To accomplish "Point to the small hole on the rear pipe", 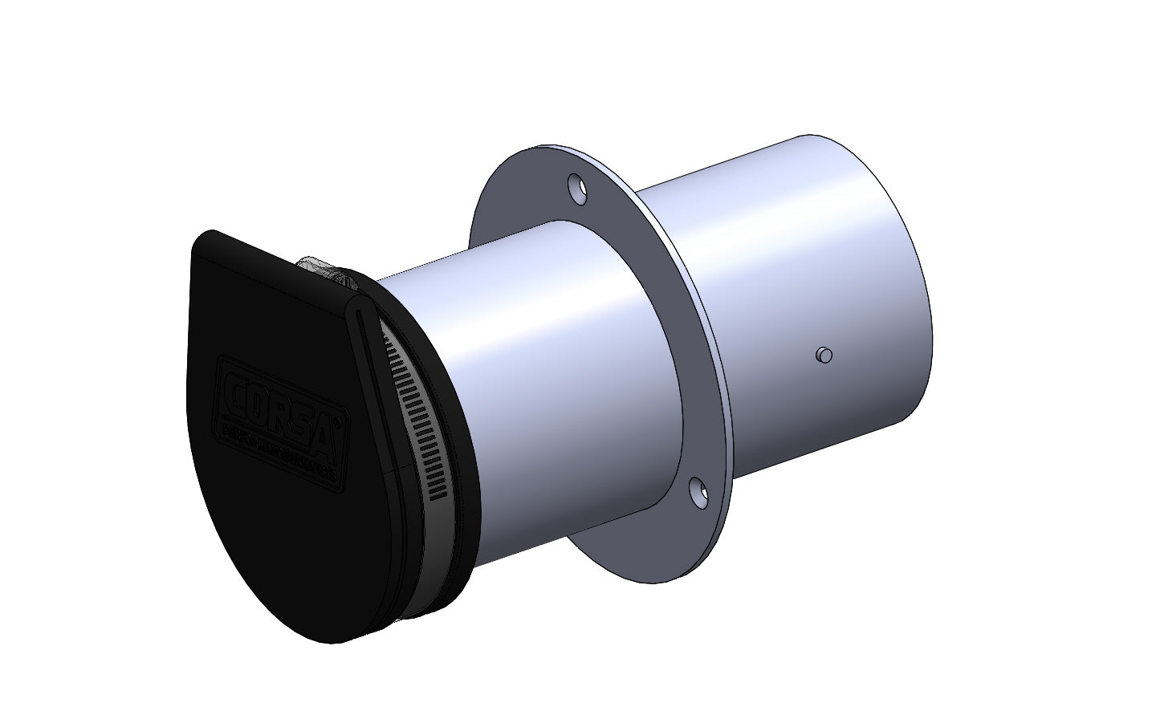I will click(823, 355).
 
